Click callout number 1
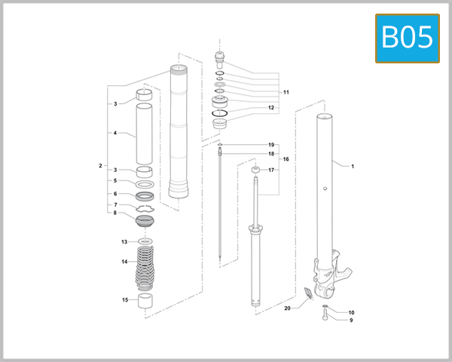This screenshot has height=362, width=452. pos(353,164)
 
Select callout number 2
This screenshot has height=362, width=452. pos(100,165)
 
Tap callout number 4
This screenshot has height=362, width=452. pos(115,133)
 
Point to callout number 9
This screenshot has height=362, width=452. pos(351,320)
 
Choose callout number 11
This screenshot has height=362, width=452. pos(286,92)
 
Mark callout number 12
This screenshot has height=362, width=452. pos(270,108)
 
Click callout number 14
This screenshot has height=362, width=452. pos(125,262)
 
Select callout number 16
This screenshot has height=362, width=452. pos(286,160)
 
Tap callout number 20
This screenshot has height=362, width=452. pos(287,308)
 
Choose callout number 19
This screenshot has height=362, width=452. pos(271,144)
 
